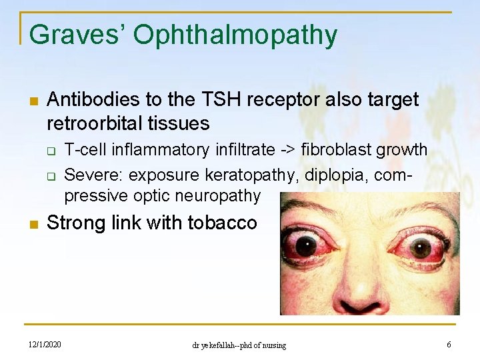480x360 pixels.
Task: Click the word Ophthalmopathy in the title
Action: (x=235, y=35)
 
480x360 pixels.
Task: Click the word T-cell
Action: (x=85, y=149)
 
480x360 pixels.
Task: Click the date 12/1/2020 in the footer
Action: (x=45, y=345)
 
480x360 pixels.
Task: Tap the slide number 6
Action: (x=449, y=345)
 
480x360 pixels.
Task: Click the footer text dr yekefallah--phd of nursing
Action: (x=239, y=345)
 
